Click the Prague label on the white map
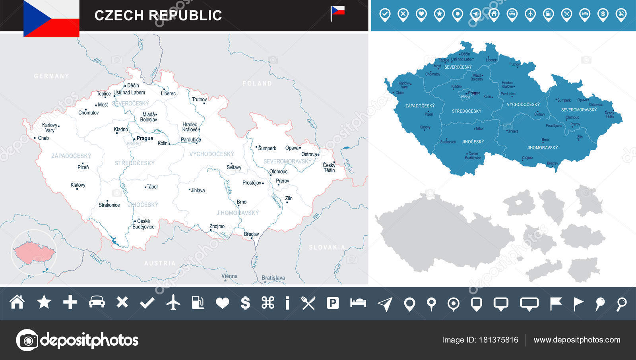tap(145, 138)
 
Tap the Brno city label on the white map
tap(242, 202)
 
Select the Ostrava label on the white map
tap(309, 154)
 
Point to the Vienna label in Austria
tap(229, 276)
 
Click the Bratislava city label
tap(273, 278)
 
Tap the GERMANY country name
tap(51, 76)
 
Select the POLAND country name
tap(257, 83)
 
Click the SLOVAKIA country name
tap(327, 247)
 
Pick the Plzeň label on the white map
tap(83, 167)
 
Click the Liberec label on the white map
tap(168, 93)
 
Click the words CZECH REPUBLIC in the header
tap(158, 15)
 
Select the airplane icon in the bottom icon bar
tap(173, 303)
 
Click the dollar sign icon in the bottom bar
tap(246, 303)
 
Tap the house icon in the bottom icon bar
tap(17, 302)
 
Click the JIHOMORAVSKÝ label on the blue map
tap(542, 147)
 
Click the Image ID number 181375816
tap(498, 340)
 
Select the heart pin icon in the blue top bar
tap(421, 15)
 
